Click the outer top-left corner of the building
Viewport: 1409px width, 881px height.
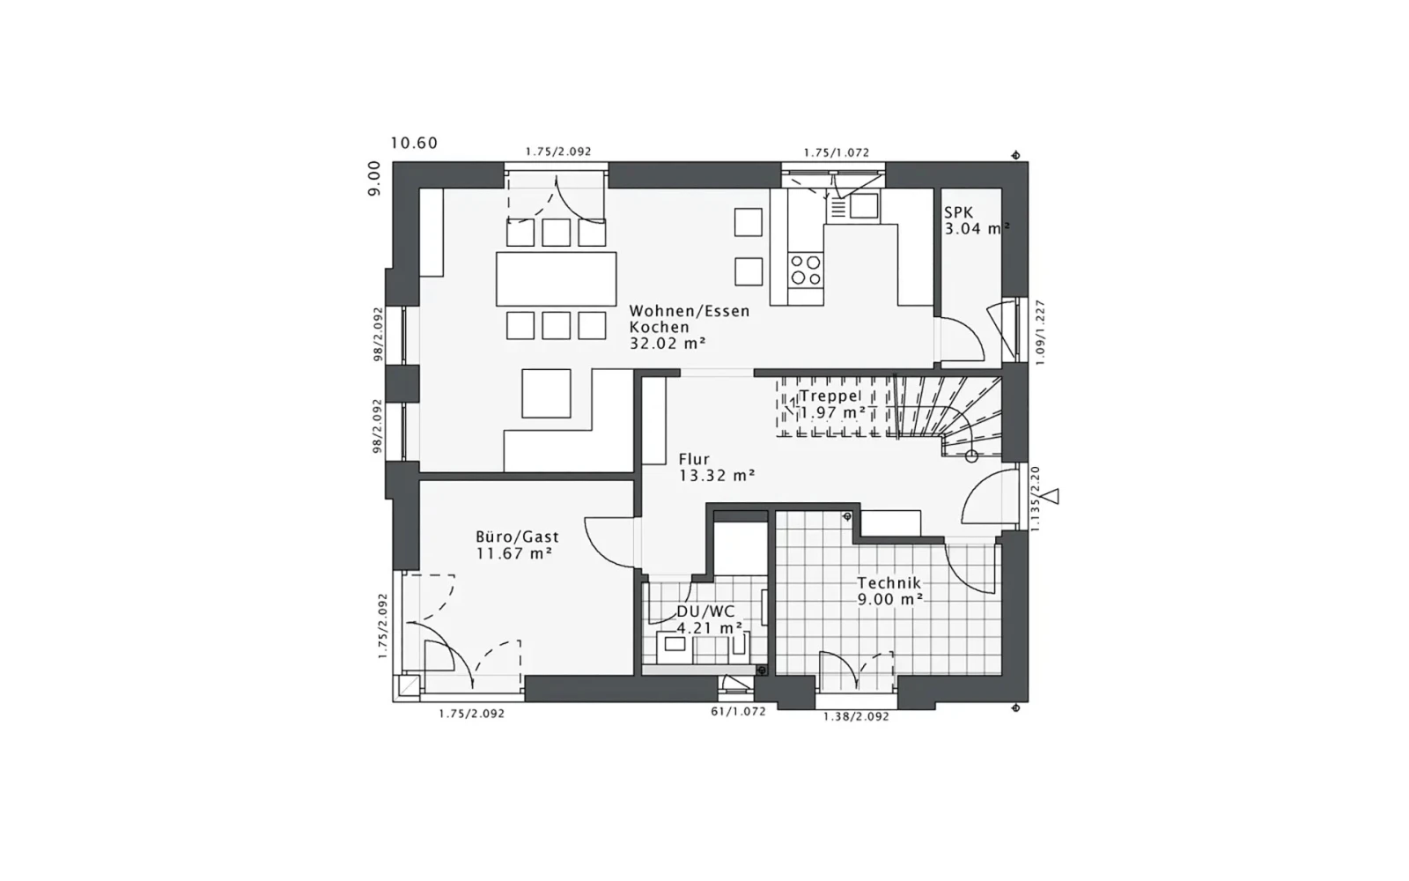click(393, 162)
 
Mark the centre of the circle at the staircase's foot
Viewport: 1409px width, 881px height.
click(971, 456)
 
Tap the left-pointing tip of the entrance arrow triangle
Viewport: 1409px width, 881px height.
click(1043, 497)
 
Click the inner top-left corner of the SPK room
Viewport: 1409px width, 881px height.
click(941, 189)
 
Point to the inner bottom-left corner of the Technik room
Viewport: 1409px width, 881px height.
click(777, 675)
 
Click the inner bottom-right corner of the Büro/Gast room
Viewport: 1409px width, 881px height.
click(633, 675)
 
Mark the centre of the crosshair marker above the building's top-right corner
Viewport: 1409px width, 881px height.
click(1015, 155)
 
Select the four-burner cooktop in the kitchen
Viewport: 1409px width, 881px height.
click(806, 270)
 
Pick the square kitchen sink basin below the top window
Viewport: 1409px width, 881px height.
click(864, 206)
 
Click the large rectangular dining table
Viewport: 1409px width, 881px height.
click(556, 278)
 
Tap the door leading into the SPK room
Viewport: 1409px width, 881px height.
click(961, 340)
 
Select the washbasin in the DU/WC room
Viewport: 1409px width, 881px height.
click(675, 644)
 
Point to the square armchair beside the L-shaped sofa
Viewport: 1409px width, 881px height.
click(546, 393)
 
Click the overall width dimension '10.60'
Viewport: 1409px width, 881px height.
click(414, 144)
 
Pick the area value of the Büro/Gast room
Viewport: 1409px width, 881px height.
click(514, 554)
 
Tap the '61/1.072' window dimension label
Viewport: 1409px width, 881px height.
click(739, 712)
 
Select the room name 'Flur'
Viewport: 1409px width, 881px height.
click(695, 459)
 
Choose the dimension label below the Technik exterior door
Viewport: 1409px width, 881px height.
click(856, 717)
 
